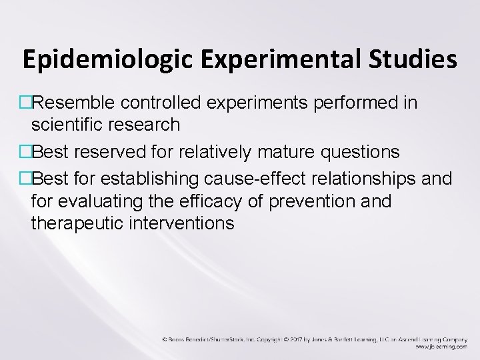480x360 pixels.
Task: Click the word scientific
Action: click(69, 123)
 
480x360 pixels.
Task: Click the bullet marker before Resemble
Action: click(26, 104)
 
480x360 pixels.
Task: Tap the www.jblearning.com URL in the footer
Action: click(439, 347)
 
